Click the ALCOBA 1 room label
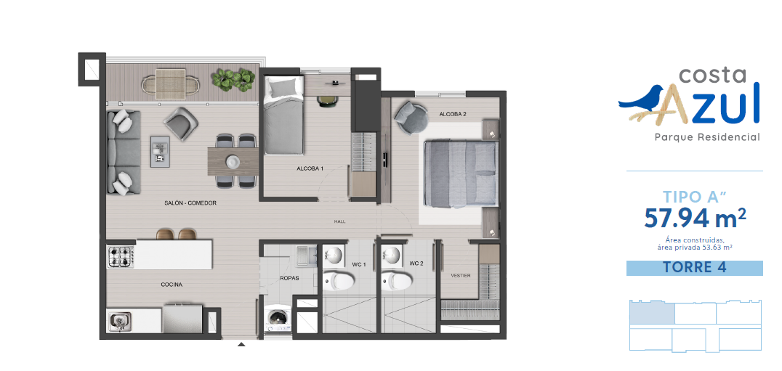310,169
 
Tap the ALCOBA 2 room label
452,114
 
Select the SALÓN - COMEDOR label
190,203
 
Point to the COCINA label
172,285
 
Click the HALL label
340,221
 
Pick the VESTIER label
460,275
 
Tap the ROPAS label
289,278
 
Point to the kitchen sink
120,321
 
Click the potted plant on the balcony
233,78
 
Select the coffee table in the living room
160,152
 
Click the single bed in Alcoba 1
283,115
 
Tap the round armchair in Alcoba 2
411,118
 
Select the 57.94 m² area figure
696,218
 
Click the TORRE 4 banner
694,267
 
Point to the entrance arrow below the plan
241,344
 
